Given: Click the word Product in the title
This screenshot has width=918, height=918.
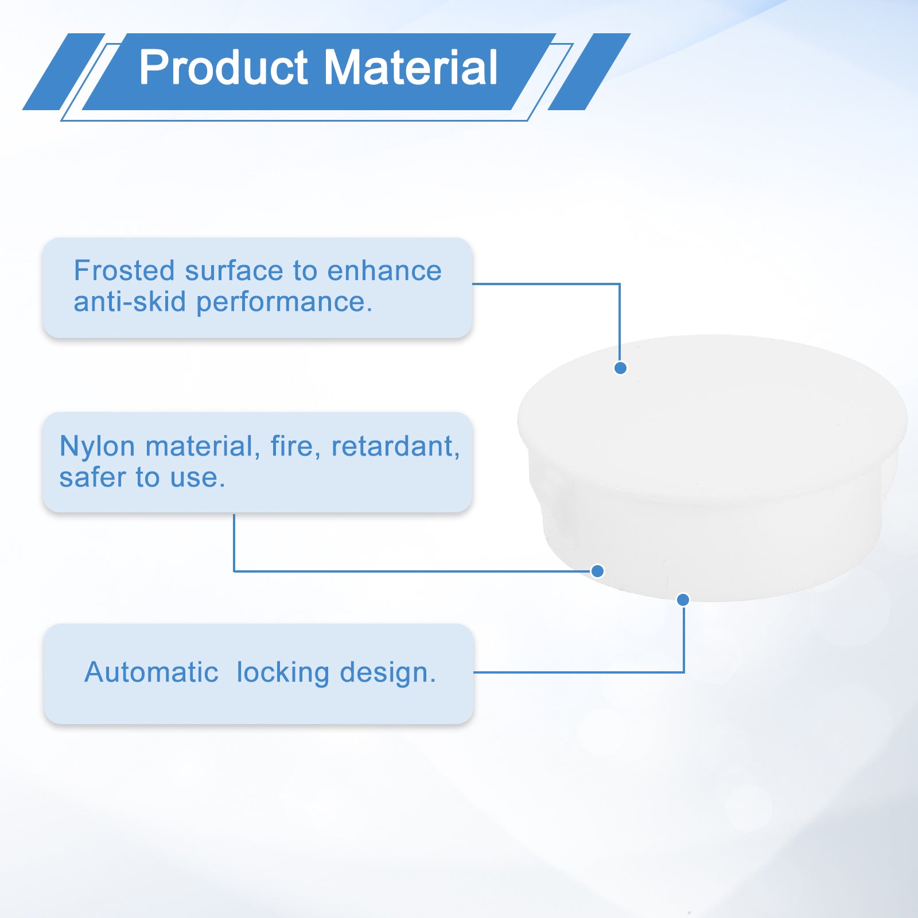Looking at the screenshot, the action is click(x=224, y=68).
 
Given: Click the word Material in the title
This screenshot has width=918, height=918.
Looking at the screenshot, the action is click(x=411, y=68).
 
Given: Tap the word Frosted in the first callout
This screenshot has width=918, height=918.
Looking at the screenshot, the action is click(x=124, y=270).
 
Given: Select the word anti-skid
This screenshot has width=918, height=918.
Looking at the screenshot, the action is click(x=130, y=302).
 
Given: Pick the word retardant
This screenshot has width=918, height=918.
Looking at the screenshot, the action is click(x=395, y=447).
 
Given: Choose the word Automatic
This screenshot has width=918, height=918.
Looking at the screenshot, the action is click(x=151, y=672).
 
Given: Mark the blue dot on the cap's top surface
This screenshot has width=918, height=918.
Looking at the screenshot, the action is click(x=620, y=368).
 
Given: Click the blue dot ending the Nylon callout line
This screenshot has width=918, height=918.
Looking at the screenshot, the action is click(x=597, y=571).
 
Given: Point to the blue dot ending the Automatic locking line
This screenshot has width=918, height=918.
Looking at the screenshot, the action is click(x=683, y=600).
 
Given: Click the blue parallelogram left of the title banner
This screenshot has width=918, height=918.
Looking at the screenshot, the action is click(x=64, y=72).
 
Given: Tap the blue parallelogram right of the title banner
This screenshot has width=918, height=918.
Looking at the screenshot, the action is click(x=589, y=72).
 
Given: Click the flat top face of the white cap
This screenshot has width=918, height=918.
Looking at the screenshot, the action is click(x=712, y=413).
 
